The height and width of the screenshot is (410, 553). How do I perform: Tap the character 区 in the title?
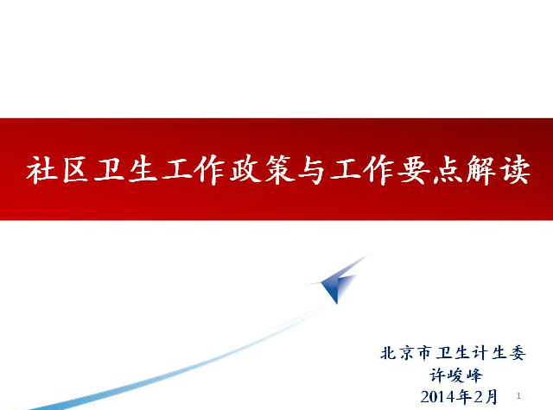coord(76,170)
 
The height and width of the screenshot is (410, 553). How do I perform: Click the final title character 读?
coord(516,170)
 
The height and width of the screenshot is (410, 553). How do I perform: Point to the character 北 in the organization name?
coord(389,353)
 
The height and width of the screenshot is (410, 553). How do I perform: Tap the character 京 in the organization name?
coord(407,353)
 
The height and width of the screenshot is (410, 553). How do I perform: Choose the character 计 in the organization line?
coord(480,353)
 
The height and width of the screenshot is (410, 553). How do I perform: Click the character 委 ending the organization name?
coord(517,353)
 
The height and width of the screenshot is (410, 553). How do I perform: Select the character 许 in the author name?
coord(437,375)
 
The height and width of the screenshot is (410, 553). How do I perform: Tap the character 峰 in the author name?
coord(474,375)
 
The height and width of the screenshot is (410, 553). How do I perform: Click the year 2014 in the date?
coord(439,397)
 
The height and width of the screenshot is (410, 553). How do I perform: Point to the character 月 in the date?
coord(490,397)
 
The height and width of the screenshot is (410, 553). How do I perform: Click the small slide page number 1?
coord(518,395)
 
